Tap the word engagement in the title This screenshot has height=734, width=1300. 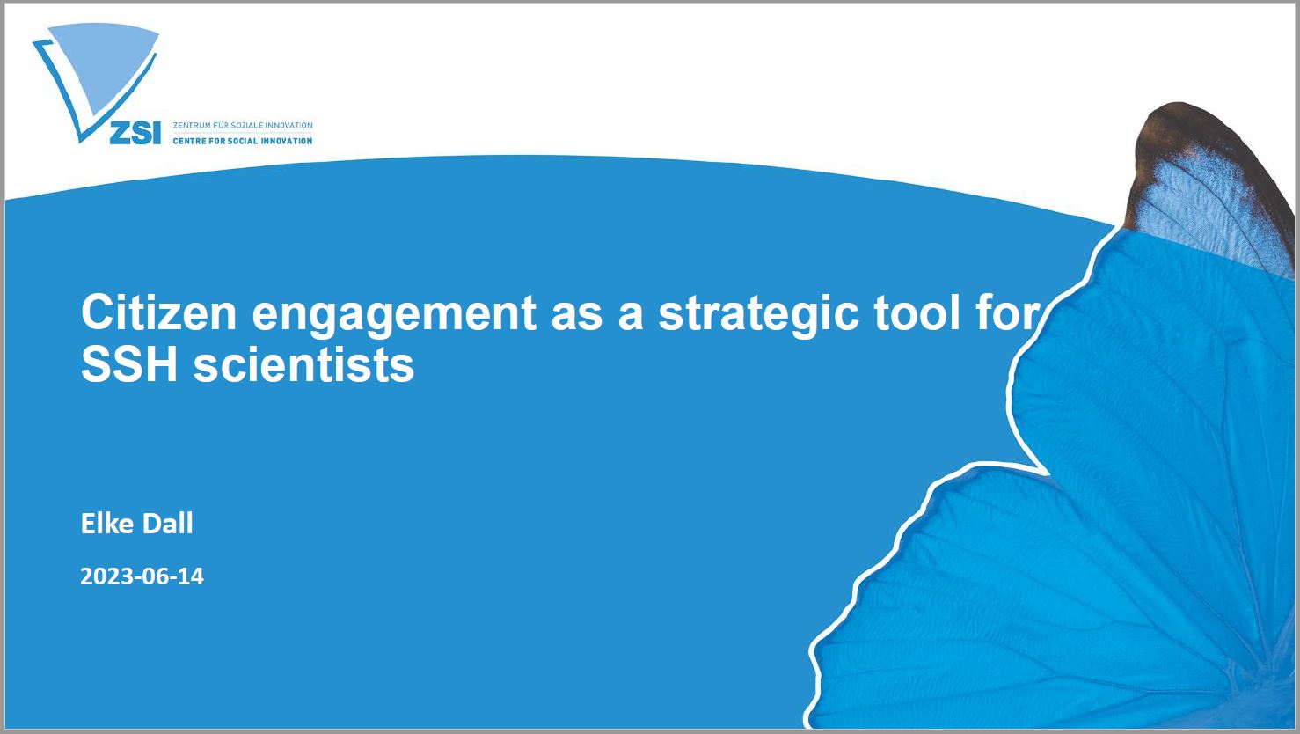point(394,318)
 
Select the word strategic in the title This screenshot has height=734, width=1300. point(758,318)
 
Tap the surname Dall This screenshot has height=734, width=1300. point(168,523)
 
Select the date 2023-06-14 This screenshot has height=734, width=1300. point(142,576)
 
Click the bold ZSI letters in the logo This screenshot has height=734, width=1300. point(135,134)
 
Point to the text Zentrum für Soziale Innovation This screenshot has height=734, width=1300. point(243,126)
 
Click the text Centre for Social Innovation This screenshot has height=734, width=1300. point(243,141)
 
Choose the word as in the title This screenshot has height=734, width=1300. point(577,318)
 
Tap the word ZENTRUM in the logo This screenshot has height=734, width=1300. point(192,126)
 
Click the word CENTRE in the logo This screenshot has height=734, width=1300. point(189,141)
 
